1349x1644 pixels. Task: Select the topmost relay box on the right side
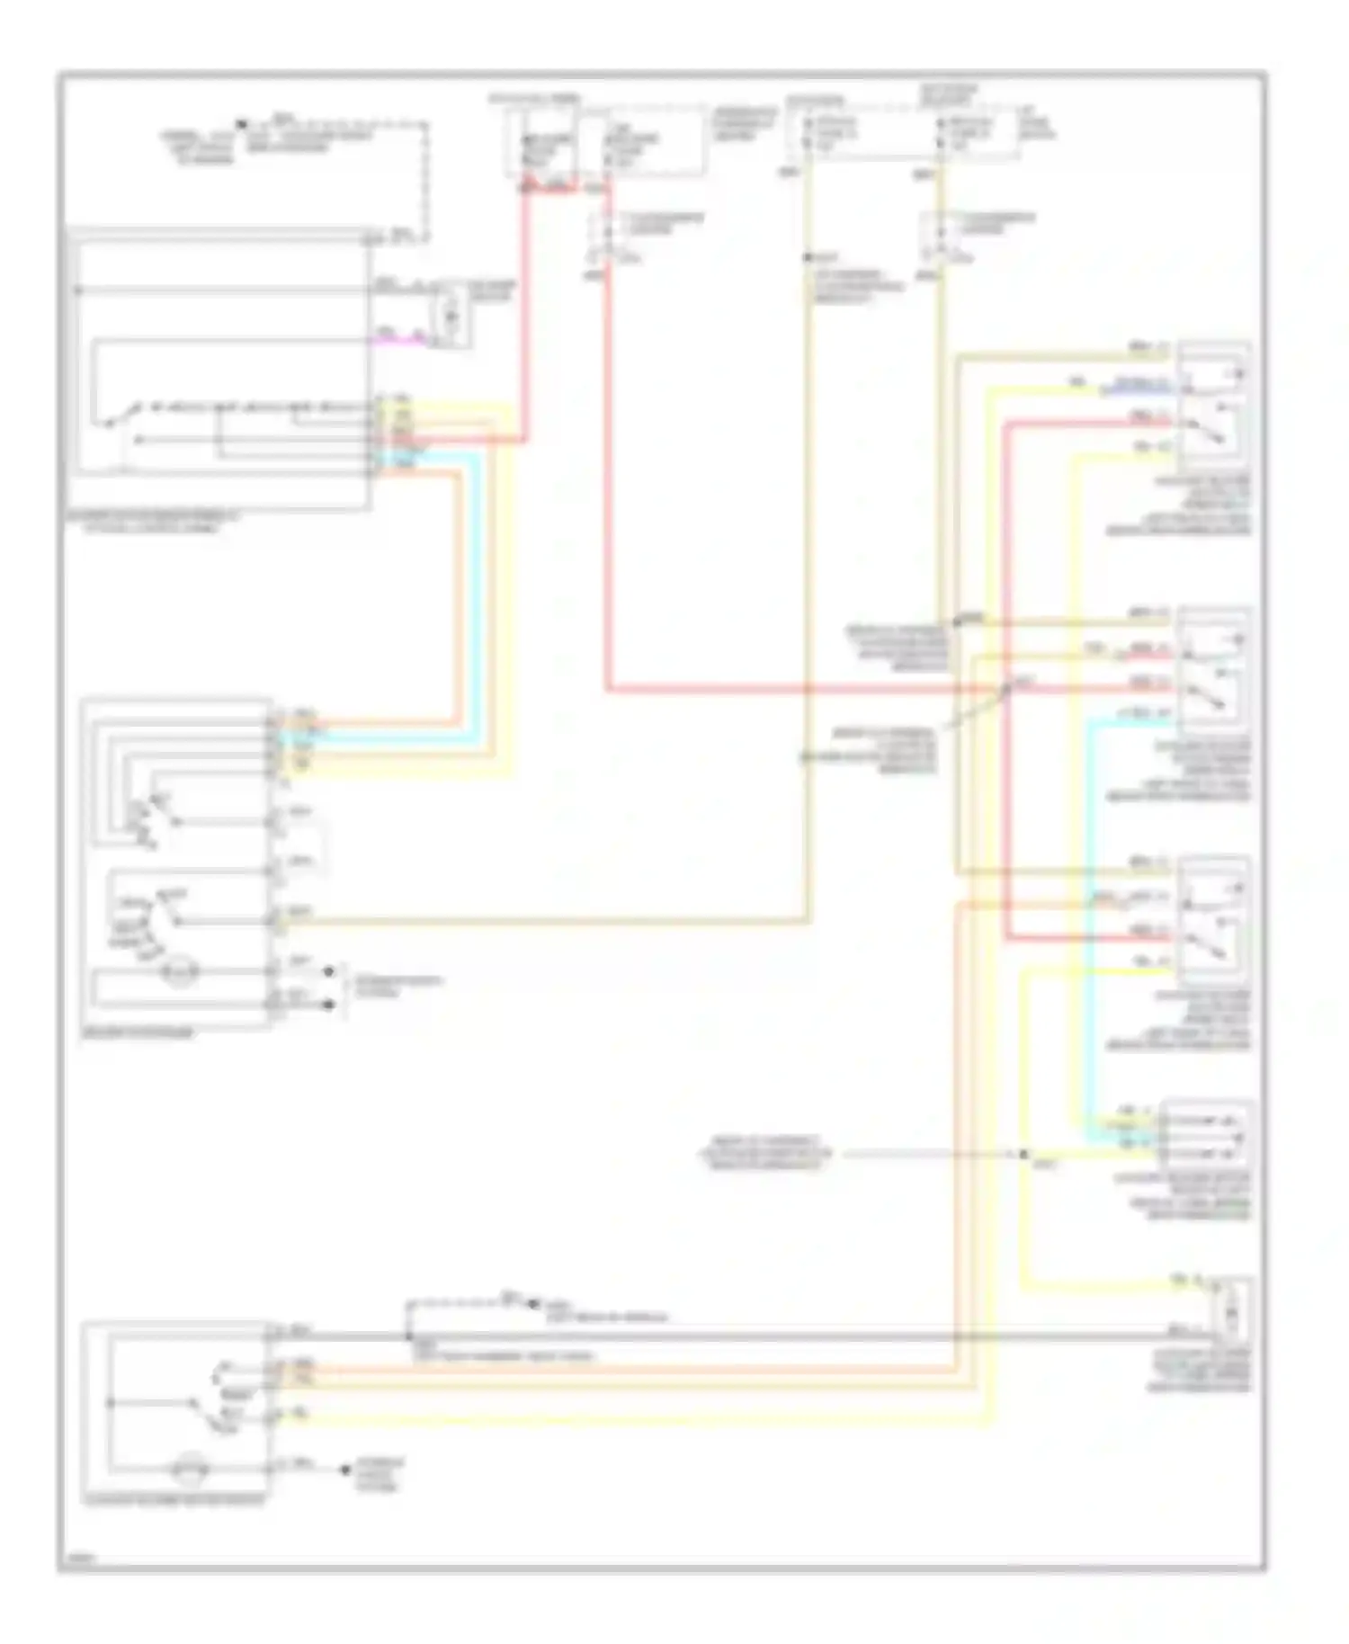1213,405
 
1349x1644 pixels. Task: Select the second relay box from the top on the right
1213,670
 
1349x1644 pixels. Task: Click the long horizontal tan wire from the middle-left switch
540,921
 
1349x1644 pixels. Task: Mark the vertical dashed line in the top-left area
425,180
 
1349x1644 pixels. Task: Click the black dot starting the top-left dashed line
241,124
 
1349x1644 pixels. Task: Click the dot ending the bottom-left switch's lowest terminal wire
344,1470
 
